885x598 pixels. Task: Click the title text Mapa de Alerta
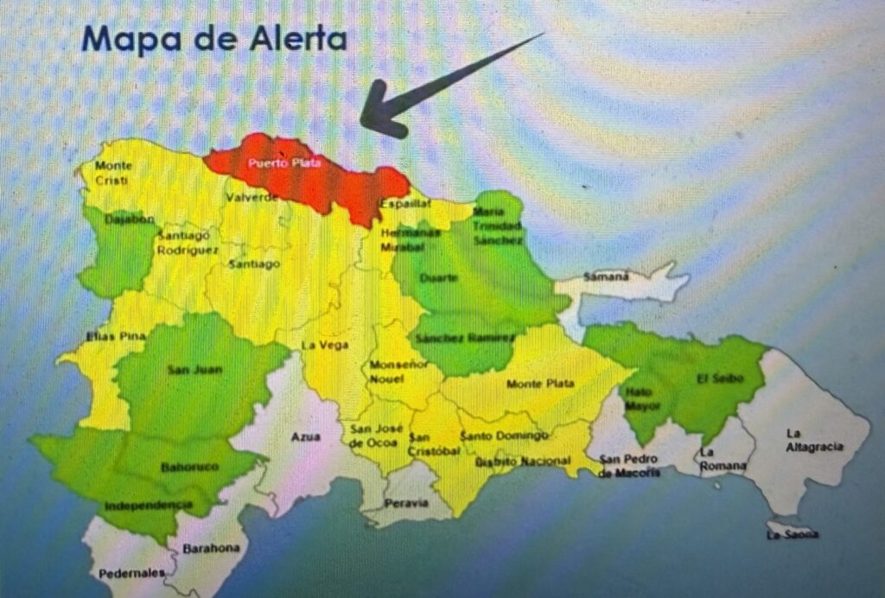coord(214,39)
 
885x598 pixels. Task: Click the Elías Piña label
coord(107,335)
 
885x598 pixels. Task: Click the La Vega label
coord(324,346)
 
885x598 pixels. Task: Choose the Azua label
coord(305,437)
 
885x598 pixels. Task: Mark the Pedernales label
coord(131,572)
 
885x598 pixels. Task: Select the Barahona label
coord(210,547)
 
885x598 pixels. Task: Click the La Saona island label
coord(793,534)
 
